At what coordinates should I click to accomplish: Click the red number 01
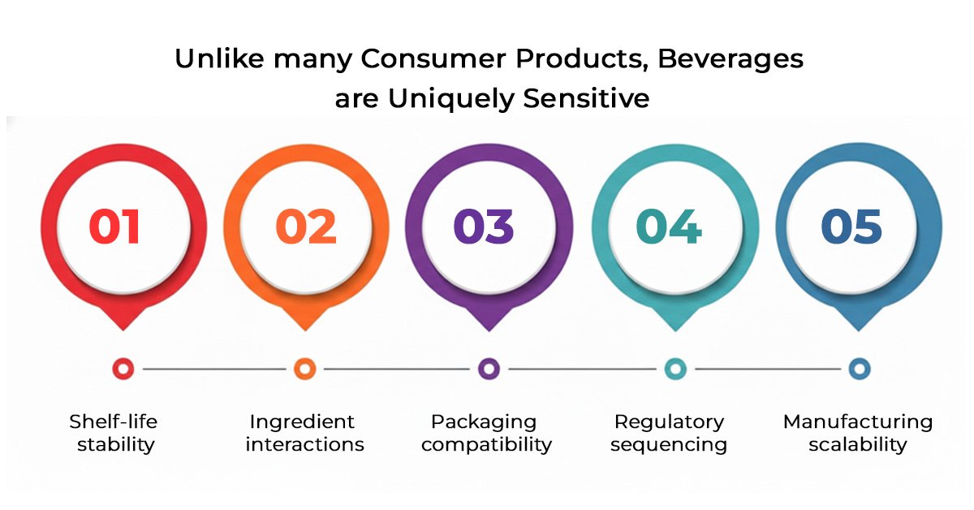click(114, 227)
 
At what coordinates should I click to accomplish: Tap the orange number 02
click(306, 227)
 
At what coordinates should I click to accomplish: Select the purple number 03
click(484, 227)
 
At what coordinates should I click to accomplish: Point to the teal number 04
click(669, 227)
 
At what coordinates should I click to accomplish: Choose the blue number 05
click(851, 227)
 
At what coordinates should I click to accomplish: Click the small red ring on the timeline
click(123, 369)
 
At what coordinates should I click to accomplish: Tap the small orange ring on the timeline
click(305, 369)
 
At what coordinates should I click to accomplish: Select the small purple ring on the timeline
click(489, 369)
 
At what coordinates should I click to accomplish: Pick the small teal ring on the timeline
click(675, 369)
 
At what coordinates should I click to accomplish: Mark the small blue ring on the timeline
click(860, 369)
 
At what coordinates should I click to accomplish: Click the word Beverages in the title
click(730, 59)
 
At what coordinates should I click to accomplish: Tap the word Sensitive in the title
click(586, 98)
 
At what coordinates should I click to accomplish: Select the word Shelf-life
click(113, 421)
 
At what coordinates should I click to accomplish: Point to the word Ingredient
click(302, 422)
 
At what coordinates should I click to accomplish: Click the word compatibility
click(486, 445)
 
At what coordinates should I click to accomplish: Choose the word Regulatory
click(669, 422)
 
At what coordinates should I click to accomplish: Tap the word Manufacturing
click(858, 422)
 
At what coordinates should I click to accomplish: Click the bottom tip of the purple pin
click(489, 331)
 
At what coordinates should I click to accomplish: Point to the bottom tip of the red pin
click(123, 331)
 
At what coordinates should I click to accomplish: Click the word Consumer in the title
click(433, 58)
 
